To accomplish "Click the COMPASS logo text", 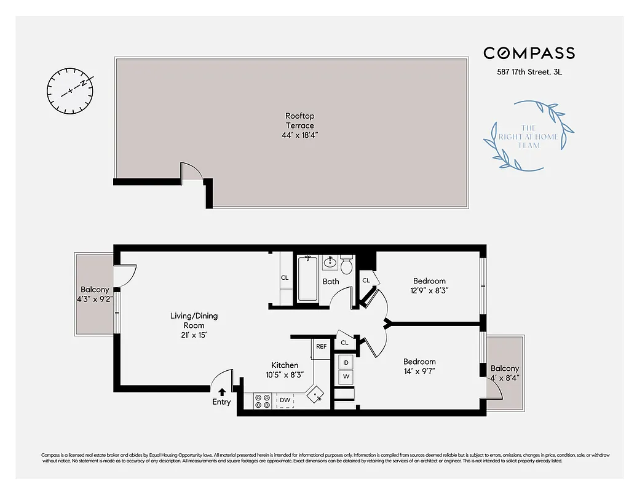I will [x=529, y=53].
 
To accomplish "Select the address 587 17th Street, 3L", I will [x=529, y=72].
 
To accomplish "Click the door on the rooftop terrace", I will [x=190, y=171].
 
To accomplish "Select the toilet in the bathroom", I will [x=346, y=266].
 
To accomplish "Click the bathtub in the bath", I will [x=308, y=279].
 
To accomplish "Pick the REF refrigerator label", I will [x=321, y=346].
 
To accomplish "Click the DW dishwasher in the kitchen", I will [x=285, y=400].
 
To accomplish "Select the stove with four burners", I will [x=263, y=401].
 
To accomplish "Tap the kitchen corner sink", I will [x=317, y=394].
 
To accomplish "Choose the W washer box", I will [x=346, y=376].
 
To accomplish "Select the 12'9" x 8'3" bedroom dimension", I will [x=429, y=291].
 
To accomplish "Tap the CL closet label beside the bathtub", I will [x=285, y=278].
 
